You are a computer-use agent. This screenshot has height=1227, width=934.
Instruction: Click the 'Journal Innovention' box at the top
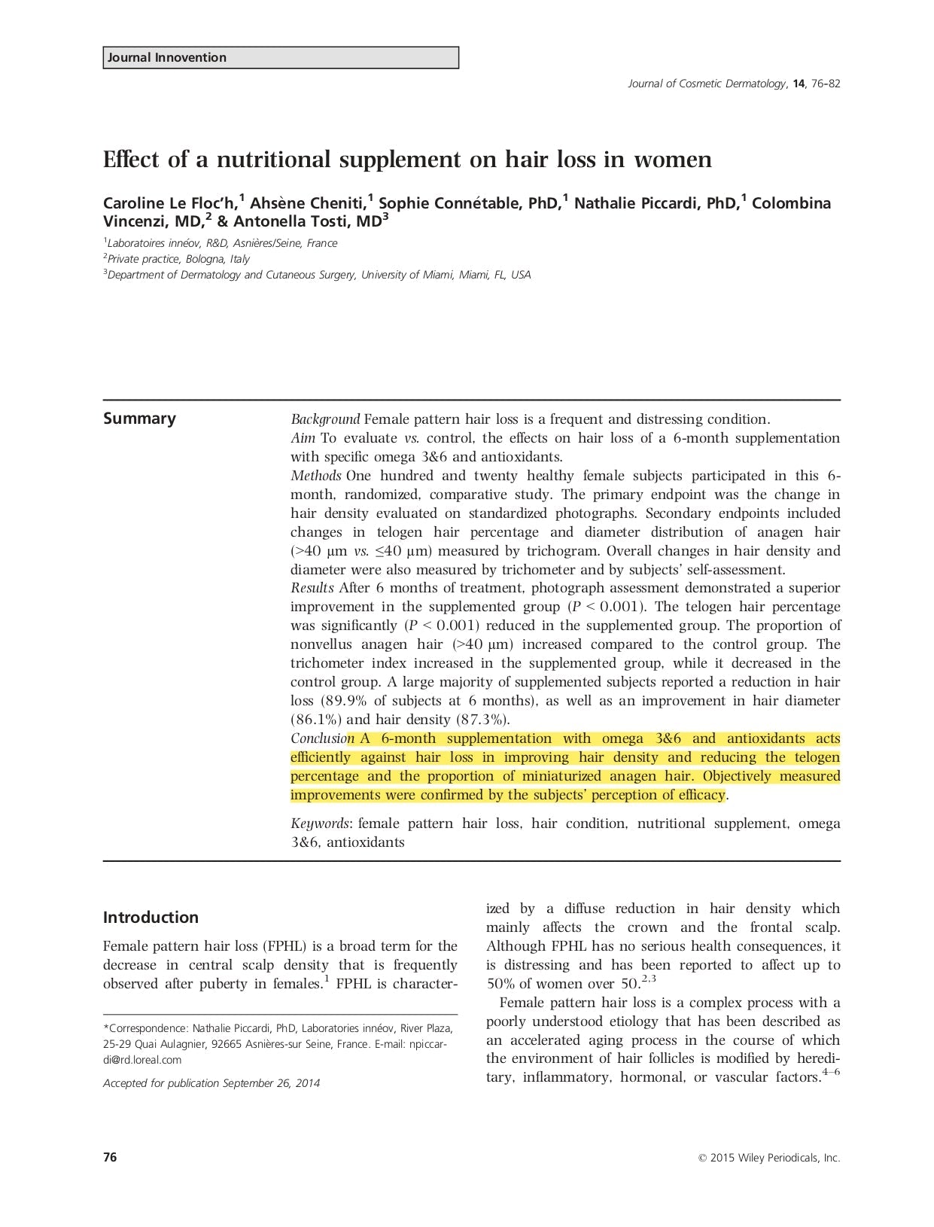[x=280, y=58]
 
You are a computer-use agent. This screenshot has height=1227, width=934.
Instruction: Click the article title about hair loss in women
[x=407, y=160]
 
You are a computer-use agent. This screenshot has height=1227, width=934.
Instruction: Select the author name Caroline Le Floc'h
[x=170, y=203]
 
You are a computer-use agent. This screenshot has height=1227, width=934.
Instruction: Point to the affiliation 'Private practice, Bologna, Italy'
[x=178, y=259]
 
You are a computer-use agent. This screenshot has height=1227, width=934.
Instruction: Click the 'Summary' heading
[x=139, y=419]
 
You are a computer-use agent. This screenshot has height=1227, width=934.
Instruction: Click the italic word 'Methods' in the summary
[x=315, y=476]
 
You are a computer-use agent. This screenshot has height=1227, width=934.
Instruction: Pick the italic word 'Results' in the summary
[x=312, y=588]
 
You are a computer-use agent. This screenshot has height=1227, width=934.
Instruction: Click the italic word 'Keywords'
[x=320, y=824]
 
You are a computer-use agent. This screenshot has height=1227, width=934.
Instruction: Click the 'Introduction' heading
[x=151, y=918]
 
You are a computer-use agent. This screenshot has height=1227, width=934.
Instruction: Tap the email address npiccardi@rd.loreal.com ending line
[x=142, y=1060]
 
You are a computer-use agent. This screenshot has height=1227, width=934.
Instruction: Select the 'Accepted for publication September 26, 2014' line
[x=211, y=1083]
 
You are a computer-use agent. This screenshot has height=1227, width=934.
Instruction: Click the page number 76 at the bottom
[x=110, y=1158]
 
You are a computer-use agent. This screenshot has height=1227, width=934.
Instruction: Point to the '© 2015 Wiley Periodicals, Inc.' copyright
[x=769, y=1158]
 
